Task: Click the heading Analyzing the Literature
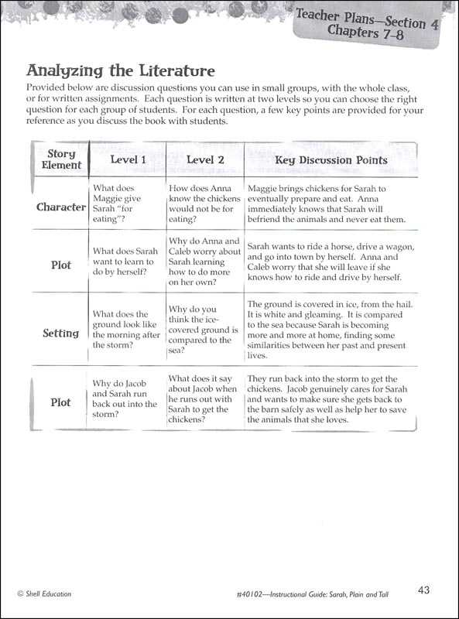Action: [x=121, y=70]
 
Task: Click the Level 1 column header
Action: [x=128, y=160]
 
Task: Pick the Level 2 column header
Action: [x=205, y=160]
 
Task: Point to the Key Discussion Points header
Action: [x=331, y=160]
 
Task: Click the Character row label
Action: [x=61, y=207]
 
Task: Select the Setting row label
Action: [x=61, y=333]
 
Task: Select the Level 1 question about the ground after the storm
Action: [x=126, y=330]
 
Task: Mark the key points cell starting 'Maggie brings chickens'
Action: [x=327, y=203]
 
